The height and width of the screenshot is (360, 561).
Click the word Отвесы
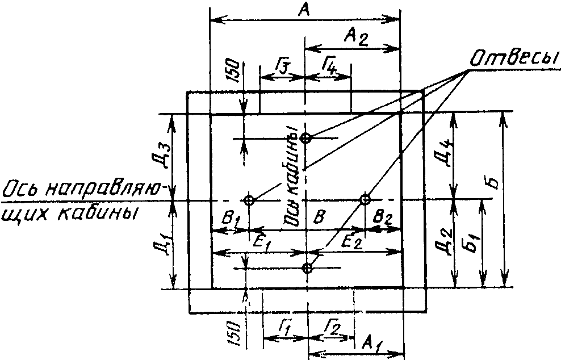pyautogui.click(x=514, y=58)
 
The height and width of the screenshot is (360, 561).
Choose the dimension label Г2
pyautogui.click(x=333, y=326)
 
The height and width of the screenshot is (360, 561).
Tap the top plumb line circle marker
pyautogui.click(x=305, y=138)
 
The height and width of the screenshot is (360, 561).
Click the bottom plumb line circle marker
pyautogui.click(x=307, y=267)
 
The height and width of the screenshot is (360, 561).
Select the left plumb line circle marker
pyautogui.click(x=249, y=200)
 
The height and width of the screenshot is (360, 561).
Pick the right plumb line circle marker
pyautogui.click(x=365, y=199)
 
